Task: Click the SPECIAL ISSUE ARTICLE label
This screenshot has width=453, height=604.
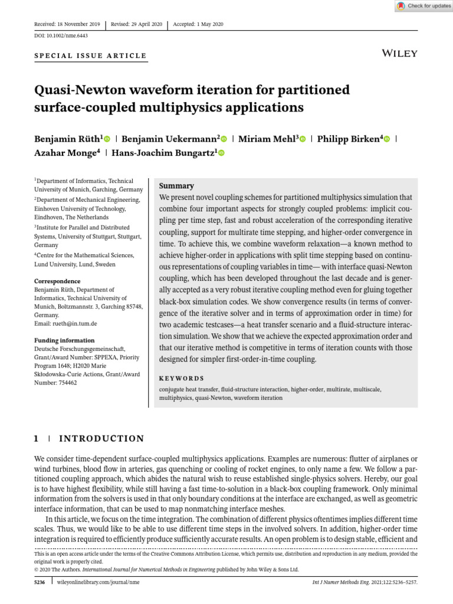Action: coord(90,56)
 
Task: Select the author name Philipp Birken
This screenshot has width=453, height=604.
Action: coord(349,139)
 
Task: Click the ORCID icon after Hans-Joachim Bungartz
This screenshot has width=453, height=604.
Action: coord(222,153)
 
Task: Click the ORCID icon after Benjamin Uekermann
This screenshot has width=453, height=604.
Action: coord(225,139)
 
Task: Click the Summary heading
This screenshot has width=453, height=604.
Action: coord(176,186)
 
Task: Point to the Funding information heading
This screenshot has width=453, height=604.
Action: coord(64,340)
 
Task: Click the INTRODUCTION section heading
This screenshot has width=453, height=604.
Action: coord(101,439)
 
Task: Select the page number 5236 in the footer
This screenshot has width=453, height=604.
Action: coord(41,582)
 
